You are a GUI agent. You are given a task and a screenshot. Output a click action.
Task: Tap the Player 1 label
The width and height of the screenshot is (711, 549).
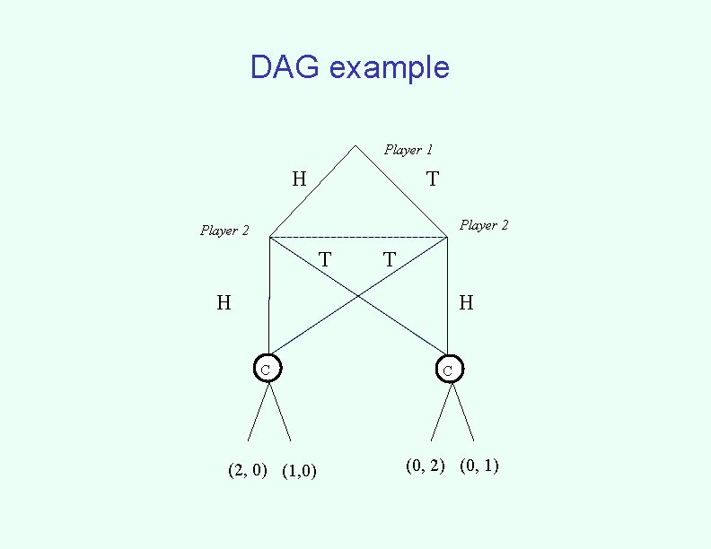408,150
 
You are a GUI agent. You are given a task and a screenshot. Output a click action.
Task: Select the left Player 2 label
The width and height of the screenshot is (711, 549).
224,231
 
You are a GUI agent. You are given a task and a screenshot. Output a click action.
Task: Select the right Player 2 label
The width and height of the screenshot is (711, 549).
484,225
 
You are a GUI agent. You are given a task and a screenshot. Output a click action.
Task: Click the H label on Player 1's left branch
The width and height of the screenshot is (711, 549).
299,179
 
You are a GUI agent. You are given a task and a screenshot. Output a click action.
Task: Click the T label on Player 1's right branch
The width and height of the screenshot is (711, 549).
433,179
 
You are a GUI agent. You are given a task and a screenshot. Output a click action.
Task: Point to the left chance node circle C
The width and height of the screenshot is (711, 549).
267,368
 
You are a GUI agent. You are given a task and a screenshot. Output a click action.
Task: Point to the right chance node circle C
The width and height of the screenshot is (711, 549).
449,369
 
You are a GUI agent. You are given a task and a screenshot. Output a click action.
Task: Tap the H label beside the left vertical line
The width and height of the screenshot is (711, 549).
224,303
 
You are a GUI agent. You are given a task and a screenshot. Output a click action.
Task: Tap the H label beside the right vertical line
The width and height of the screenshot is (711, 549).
466,303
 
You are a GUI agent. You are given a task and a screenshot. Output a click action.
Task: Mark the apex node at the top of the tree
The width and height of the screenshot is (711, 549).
356,145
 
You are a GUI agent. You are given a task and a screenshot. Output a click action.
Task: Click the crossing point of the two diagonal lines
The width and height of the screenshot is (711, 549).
358,295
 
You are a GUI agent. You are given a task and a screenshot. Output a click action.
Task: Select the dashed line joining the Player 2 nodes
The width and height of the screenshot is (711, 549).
358,238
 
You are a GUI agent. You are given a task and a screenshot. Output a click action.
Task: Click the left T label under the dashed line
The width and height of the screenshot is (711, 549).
325,260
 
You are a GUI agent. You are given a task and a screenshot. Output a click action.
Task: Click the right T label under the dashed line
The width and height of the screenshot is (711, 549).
389,260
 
